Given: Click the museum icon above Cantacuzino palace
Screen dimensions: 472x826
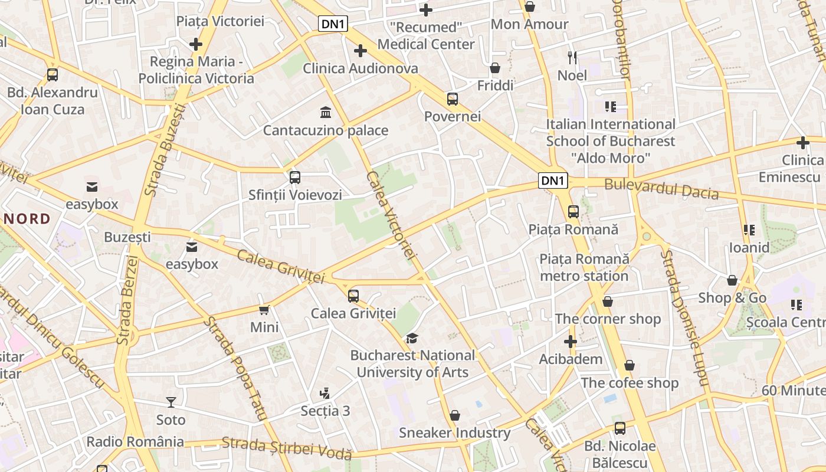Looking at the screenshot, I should pyautogui.click(x=325, y=112).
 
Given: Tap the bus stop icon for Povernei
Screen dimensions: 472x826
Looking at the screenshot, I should pyautogui.click(x=453, y=99).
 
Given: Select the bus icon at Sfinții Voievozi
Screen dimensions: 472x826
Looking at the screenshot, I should pyautogui.click(x=295, y=177).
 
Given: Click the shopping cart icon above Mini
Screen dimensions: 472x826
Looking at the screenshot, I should pyautogui.click(x=264, y=310).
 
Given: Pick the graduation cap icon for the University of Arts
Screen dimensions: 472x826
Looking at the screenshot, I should pyautogui.click(x=412, y=338).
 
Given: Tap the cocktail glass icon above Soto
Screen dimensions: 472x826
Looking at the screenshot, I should pyautogui.click(x=171, y=402).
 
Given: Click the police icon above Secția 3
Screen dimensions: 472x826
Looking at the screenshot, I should pyautogui.click(x=324, y=393).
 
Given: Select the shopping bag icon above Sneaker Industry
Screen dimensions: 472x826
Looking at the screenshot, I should pyautogui.click(x=454, y=415).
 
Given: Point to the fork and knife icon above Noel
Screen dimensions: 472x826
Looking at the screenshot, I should pyautogui.click(x=572, y=57).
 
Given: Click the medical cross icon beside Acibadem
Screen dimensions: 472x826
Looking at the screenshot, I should pyautogui.click(x=571, y=342).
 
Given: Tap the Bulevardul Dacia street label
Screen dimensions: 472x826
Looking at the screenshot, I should pyautogui.click(x=661, y=189).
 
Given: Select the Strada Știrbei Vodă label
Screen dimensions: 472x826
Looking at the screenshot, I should pyautogui.click(x=287, y=448).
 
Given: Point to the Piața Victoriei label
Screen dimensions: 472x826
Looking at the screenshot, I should pyautogui.click(x=220, y=22).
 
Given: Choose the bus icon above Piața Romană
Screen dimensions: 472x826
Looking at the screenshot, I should pyautogui.click(x=573, y=211).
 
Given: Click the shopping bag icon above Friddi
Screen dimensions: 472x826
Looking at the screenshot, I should pyautogui.click(x=495, y=68).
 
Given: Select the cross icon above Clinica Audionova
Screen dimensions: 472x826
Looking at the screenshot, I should pyautogui.click(x=360, y=51).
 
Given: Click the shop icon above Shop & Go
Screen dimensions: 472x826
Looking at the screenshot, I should pyautogui.click(x=732, y=280).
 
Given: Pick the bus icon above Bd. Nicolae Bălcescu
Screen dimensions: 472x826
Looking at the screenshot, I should pyautogui.click(x=619, y=428).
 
